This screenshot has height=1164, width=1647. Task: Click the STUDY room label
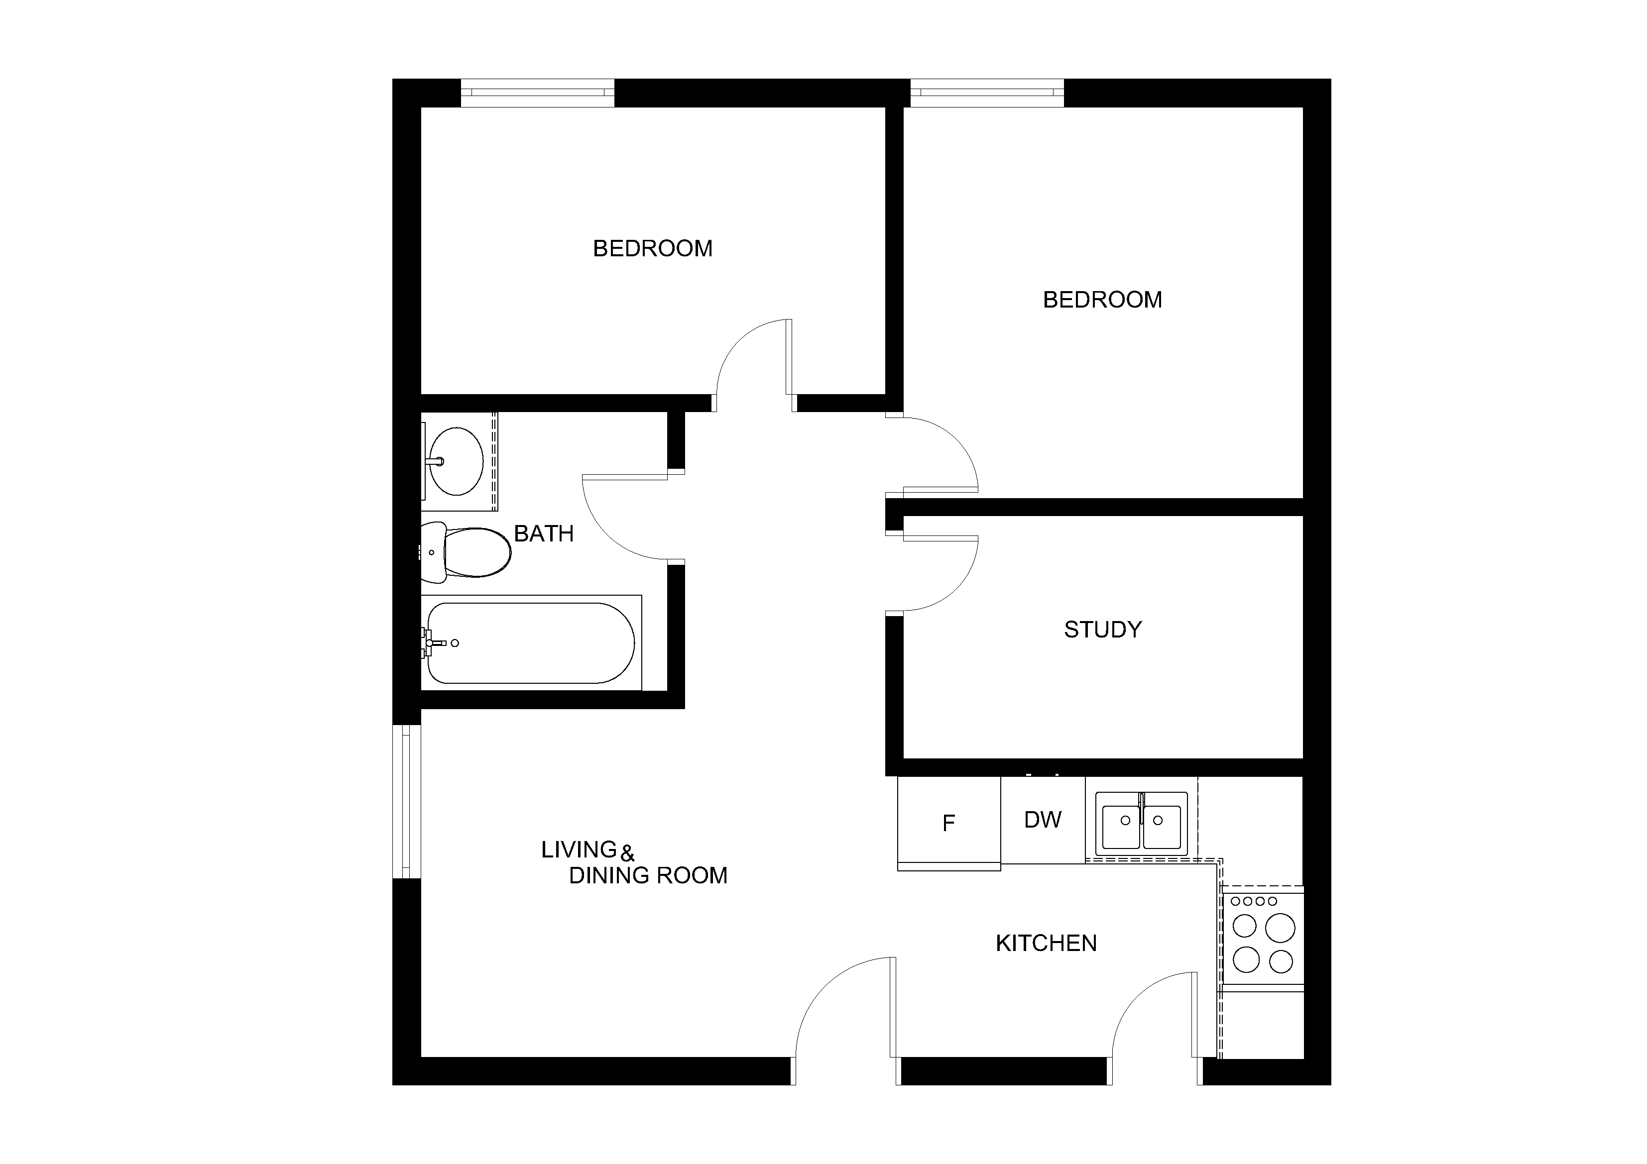pyautogui.click(x=1102, y=630)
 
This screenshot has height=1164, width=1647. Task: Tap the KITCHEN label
pyautogui.click(x=1046, y=943)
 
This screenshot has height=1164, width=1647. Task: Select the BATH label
pyautogui.click(x=544, y=533)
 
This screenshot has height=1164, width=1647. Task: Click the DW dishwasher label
pyautogui.click(x=1042, y=820)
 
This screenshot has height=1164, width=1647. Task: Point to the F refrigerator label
pyautogui.click(x=948, y=823)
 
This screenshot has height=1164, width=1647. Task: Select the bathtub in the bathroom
pyautogui.click(x=531, y=642)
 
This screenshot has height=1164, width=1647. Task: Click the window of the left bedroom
pyautogui.click(x=537, y=93)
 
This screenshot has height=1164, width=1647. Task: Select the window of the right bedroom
pyautogui.click(x=987, y=93)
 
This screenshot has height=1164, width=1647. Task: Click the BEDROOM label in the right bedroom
pyautogui.click(x=1102, y=300)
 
